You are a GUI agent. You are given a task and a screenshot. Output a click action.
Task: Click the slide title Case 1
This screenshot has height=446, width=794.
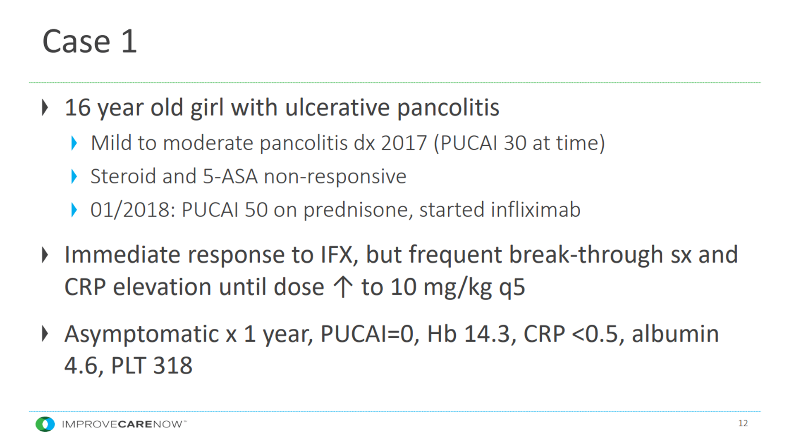coord(89,41)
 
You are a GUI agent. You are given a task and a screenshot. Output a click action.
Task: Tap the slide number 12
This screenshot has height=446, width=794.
coord(743,423)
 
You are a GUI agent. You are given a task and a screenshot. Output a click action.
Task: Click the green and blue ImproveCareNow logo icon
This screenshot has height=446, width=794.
coord(45,424)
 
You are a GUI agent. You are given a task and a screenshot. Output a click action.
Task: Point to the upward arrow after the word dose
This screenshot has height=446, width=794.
coord(343,287)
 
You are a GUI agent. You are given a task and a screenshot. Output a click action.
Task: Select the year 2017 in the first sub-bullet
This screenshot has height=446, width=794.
coord(404,143)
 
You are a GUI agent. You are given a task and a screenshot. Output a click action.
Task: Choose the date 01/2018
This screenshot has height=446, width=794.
coord(130,210)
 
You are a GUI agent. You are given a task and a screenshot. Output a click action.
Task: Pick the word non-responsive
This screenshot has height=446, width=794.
coord(335,177)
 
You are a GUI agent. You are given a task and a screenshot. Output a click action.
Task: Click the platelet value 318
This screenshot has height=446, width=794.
coord(172,365)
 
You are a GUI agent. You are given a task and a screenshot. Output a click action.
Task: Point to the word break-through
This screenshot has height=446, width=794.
coord(586,255)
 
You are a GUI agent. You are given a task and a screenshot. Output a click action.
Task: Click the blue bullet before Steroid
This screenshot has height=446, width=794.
coord(74,176)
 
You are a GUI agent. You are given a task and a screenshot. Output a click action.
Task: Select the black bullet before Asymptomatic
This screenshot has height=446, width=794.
coord(45,334)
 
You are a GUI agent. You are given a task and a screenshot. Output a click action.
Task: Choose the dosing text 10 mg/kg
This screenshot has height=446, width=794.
coord(441,287)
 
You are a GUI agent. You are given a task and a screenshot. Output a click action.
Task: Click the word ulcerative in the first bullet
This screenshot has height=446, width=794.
coord(337,108)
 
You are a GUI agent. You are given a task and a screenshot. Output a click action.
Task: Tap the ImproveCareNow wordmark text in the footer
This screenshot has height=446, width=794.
coord(124,424)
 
